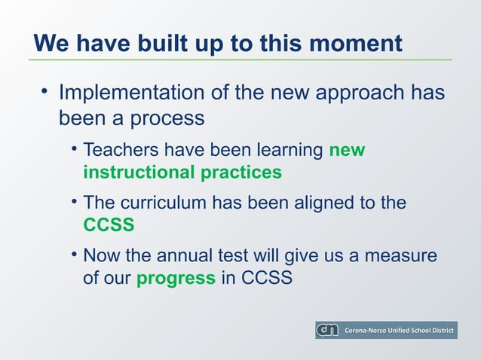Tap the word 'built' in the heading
165,43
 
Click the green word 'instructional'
139,172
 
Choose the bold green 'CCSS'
109,225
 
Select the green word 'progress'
176,278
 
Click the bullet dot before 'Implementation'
44,93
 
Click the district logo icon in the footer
327,331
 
